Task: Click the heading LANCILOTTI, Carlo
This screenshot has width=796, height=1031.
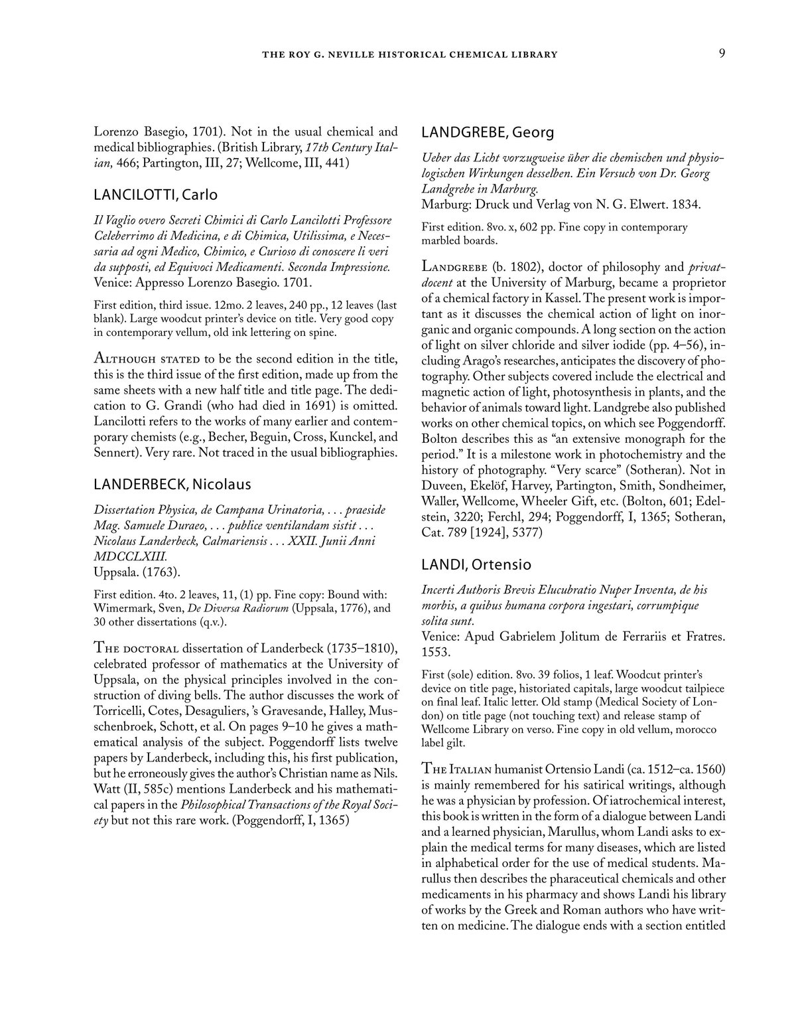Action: (155, 195)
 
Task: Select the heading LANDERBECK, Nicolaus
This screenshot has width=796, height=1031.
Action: (172, 485)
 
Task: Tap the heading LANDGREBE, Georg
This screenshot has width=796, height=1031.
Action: (488, 132)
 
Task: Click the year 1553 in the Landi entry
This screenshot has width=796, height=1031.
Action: (436, 653)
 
